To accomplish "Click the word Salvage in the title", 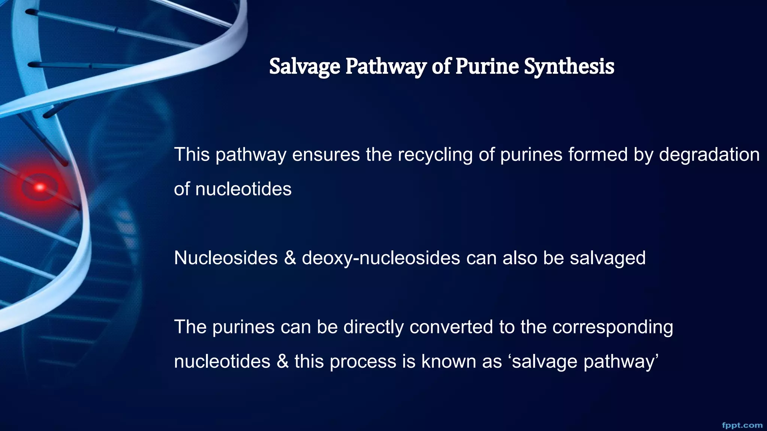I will point(304,67).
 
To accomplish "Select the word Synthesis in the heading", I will point(569,67).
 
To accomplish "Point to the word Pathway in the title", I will point(386,67).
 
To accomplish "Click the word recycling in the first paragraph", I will point(435,155).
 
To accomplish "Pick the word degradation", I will point(709,155).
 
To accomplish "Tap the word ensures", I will point(326,155).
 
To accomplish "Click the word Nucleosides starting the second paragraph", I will point(226,258).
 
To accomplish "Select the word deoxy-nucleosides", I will point(381,258).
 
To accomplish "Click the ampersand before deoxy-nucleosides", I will point(290,258).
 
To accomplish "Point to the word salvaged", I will point(607,258).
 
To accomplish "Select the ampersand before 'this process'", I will point(282,361).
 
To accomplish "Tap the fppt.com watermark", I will point(742,425).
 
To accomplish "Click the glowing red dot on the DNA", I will point(40,187).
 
